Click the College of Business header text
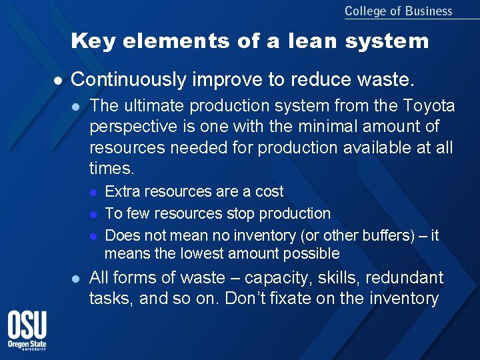398,11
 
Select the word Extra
122,192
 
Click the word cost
269,192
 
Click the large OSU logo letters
27,327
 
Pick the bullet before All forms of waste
76,278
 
